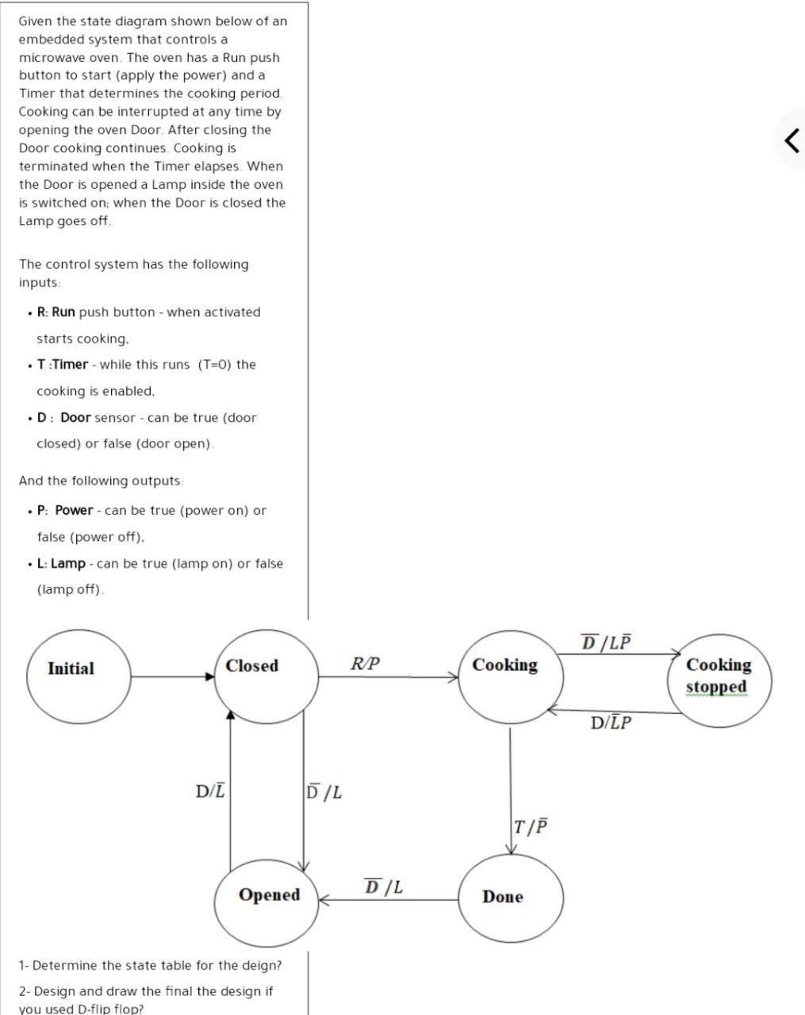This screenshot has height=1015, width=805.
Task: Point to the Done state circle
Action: [511, 898]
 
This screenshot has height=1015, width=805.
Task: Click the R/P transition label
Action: [366, 663]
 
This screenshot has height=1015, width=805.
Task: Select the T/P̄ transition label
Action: [531, 826]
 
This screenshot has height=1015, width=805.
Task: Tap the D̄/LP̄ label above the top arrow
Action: [607, 642]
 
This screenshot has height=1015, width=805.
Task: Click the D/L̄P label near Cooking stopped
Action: [611, 722]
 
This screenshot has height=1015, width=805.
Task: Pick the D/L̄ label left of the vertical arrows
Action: [210, 791]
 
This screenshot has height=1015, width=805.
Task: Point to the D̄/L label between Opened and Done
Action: [383, 887]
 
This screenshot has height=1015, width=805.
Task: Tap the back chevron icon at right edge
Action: [791, 140]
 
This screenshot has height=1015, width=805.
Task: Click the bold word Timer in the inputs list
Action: [71, 365]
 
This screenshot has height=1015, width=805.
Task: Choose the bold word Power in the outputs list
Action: [74, 511]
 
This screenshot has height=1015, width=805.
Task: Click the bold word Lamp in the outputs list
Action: [68, 564]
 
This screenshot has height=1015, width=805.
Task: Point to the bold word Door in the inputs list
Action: [75, 418]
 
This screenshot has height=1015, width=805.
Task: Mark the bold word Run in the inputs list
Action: [63, 312]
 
